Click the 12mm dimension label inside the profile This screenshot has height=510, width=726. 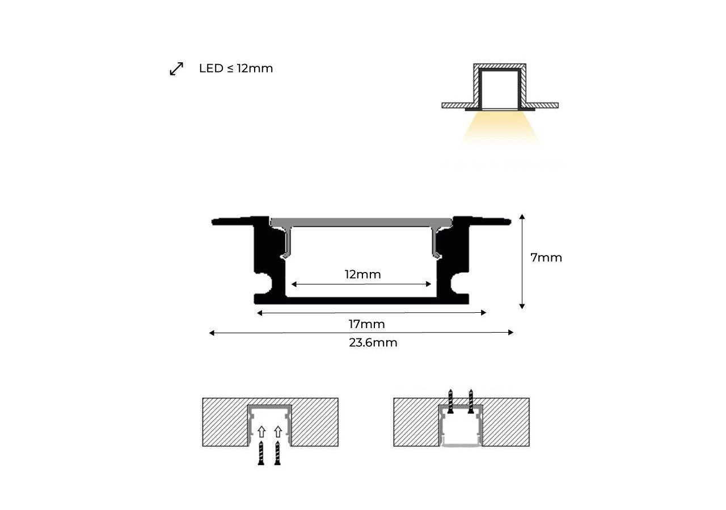click(x=362, y=275)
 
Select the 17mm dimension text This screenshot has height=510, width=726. click(x=366, y=324)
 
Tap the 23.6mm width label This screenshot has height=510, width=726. click(x=373, y=343)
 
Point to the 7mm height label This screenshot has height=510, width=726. click(x=546, y=258)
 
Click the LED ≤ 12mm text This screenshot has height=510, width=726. click(x=236, y=69)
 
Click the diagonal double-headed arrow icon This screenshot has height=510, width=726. click(x=176, y=69)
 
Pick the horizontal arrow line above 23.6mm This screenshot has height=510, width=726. click(x=361, y=333)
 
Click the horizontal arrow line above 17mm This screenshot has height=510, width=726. click(x=372, y=312)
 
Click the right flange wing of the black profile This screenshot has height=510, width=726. click(x=482, y=220)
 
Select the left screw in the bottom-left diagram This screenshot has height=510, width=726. click(x=261, y=453)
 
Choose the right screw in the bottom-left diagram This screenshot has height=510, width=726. click(x=277, y=453)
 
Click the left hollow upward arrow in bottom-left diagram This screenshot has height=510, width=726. click(x=261, y=432)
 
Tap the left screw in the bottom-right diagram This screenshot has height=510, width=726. click(x=450, y=401)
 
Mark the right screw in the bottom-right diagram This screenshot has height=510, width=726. click(x=470, y=401)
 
